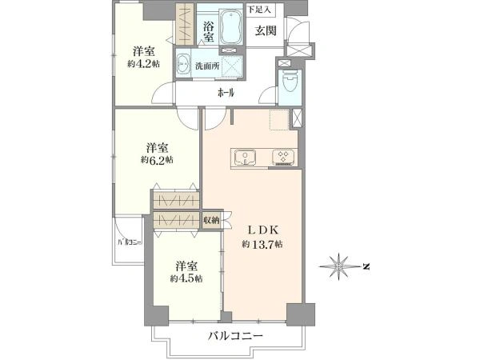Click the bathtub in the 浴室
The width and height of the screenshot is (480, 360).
pyautogui.click(x=231, y=26)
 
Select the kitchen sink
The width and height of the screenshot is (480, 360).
pyautogui.click(x=245, y=158)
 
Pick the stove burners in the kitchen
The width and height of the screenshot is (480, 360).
pyautogui.click(x=283, y=158)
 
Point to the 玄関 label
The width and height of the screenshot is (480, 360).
pyautogui.click(x=266, y=30)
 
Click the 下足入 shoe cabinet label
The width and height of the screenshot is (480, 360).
pyautogui.click(x=259, y=9)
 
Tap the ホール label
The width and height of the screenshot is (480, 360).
pyautogui.click(x=226, y=93)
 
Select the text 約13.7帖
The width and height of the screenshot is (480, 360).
pyautogui.click(x=262, y=244)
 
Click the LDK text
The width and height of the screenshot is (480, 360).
pyautogui.click(x=263, y=230)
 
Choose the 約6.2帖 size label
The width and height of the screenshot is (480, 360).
pyautogui.click(x=157, y=159)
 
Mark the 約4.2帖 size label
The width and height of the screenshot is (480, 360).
pyautogui.click(x=143, y=63)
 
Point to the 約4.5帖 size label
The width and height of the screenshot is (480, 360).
pyautogui.click(x=186, y=278)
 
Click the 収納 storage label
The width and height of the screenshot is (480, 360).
pyautogui.click(x=211, y=219)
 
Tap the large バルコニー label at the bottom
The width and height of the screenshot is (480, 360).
pyautogui.click(x=235, y=336)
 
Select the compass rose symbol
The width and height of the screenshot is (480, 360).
pyautogui.click(x=339, y=266)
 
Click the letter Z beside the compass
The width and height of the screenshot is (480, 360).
pyautogui.click(x=366, y=266)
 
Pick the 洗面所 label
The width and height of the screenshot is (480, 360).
pyautogui.click(x=207, y=66)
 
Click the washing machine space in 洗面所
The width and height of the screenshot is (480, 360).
pyautogui.click(x=232, y=66)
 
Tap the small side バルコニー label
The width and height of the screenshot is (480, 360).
pyautogui.click(x=130, y=242)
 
